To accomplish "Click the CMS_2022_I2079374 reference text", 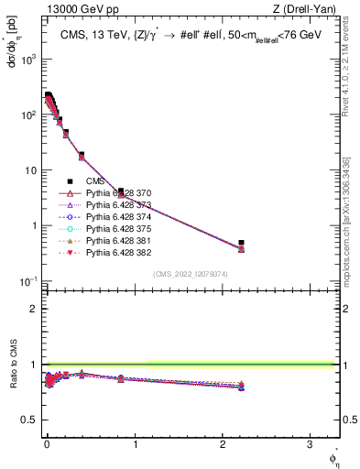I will click(191, 273).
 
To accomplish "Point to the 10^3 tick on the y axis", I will click(29, 60).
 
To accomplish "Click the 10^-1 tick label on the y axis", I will click(29, 280).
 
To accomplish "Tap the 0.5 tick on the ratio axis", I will click(28, 420).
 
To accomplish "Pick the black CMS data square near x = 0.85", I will click(121, 191).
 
